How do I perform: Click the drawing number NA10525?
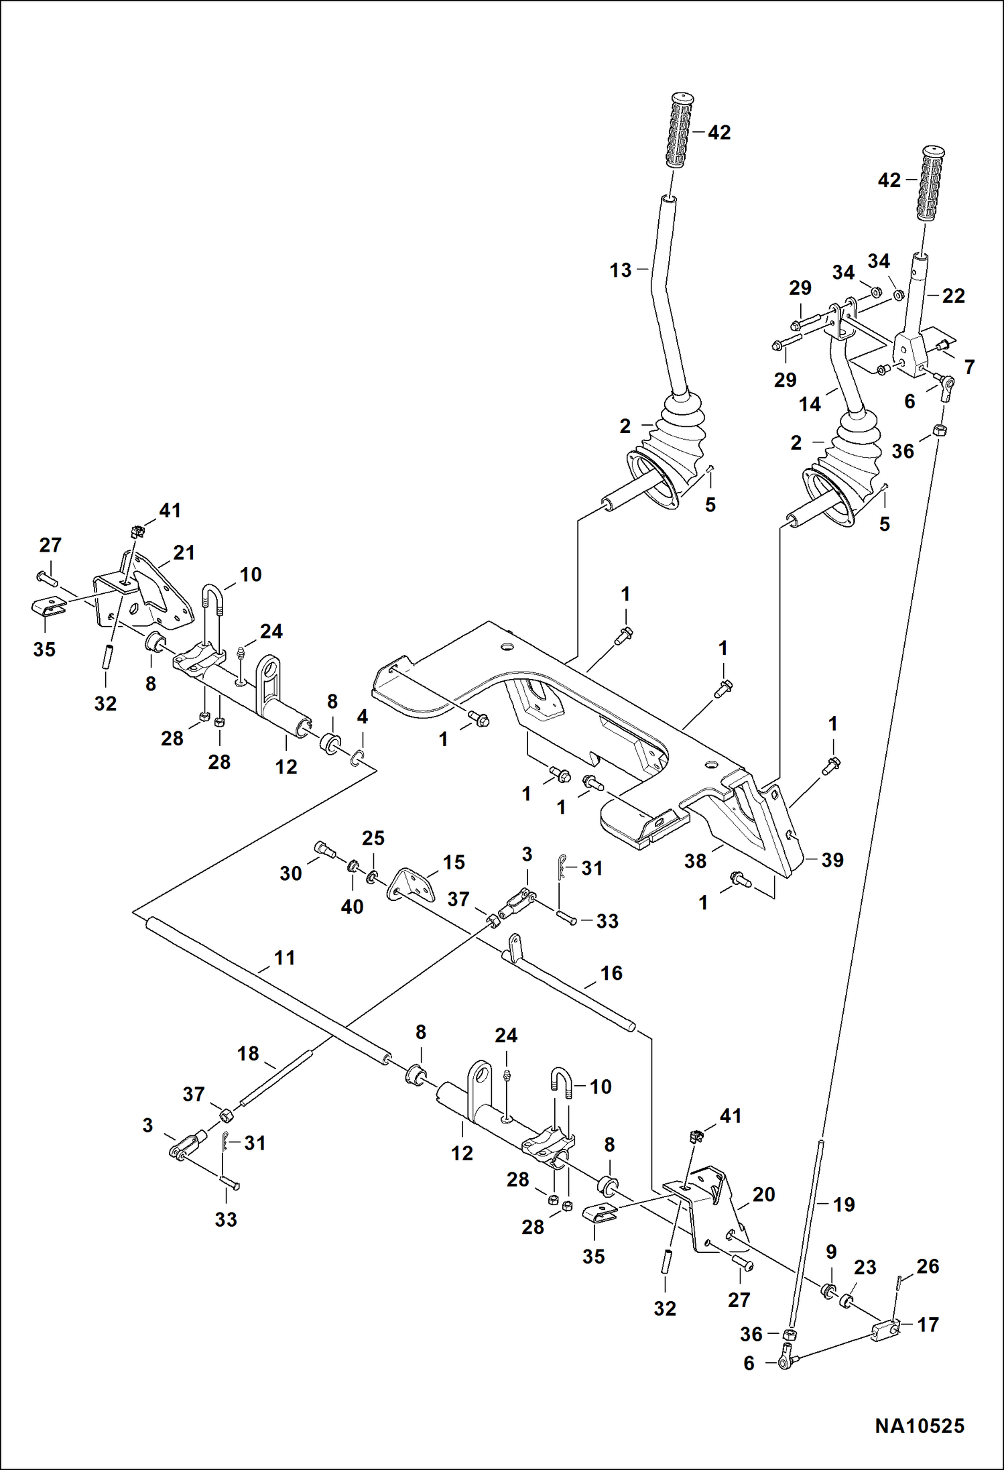[x=919, y=1425]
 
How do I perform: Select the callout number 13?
[x=621, y=270]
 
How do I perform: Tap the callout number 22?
[x=953, y=296]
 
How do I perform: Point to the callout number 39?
[x=832, y=860]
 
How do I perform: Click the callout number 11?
[x=285, y=958]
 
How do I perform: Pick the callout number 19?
[x=844, y=1205]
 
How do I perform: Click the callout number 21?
[x=184, y=552]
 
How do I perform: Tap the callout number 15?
[x=454, y=862]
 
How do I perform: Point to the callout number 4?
[x=363, y=717]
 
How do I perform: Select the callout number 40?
[x=352, y=906]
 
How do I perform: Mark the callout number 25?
[x=373, y=838]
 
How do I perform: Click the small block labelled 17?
[x=885, y=1329]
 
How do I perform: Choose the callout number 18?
[x=248, y=1053]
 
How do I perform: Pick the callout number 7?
[x=969, y=367]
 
